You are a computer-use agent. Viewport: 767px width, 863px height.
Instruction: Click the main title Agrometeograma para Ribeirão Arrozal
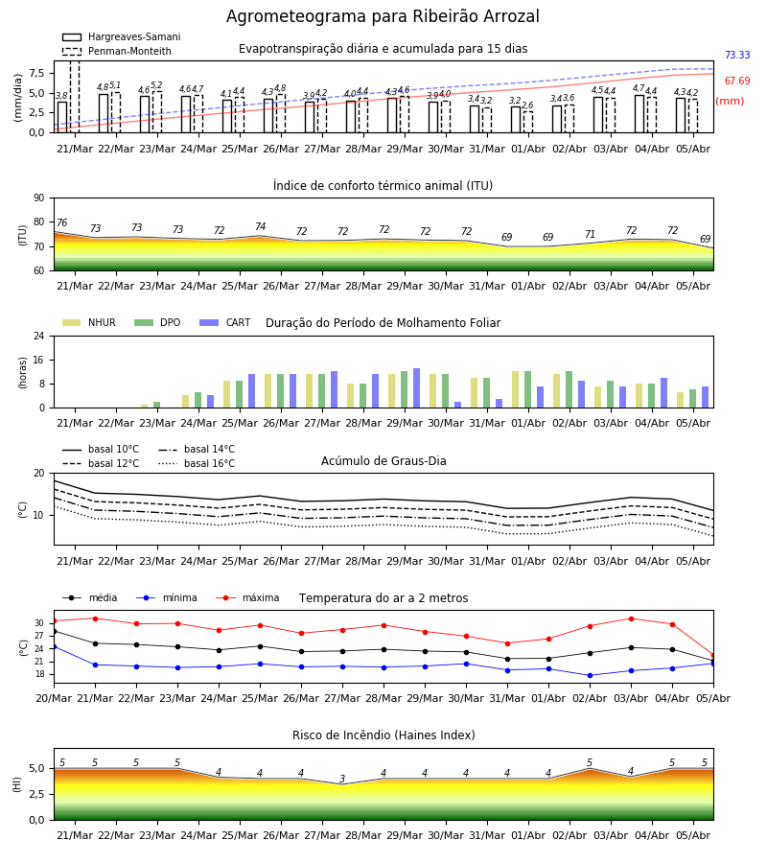point(383,16)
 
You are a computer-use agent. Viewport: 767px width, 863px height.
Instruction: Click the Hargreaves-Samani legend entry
point(122,36)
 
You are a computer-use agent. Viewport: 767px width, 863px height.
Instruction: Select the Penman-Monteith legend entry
point(117,51)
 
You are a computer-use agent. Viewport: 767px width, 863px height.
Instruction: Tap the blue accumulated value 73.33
point(737,55)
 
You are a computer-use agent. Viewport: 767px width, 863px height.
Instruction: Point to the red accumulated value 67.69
point(737,81)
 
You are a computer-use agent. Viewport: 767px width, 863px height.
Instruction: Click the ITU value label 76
point(61,222)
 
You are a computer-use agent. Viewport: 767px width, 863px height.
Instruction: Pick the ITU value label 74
point(260,226)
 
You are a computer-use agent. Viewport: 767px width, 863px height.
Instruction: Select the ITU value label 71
point(590,234)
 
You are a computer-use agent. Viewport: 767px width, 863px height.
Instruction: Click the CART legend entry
point(224,322)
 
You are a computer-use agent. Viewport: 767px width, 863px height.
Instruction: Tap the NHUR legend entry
point(89,322)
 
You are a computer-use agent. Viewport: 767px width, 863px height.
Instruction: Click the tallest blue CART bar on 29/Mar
point(416,388)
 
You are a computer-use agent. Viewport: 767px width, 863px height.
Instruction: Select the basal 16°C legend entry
point(197,463)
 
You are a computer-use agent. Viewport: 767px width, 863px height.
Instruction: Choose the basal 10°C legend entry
point(101,449)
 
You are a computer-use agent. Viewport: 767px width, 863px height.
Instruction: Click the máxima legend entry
point(247,597)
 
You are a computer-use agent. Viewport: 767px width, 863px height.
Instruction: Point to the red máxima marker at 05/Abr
point(713,656)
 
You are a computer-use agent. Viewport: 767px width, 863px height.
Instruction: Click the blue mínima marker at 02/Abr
point(591,675)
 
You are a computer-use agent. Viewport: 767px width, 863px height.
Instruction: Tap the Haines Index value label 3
point(342,779)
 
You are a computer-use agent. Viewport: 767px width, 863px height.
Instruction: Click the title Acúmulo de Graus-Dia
point(383,461)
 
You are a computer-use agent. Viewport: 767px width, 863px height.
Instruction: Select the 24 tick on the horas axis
point(39,337)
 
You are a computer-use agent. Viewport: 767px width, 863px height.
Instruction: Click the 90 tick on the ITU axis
point(39,198)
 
